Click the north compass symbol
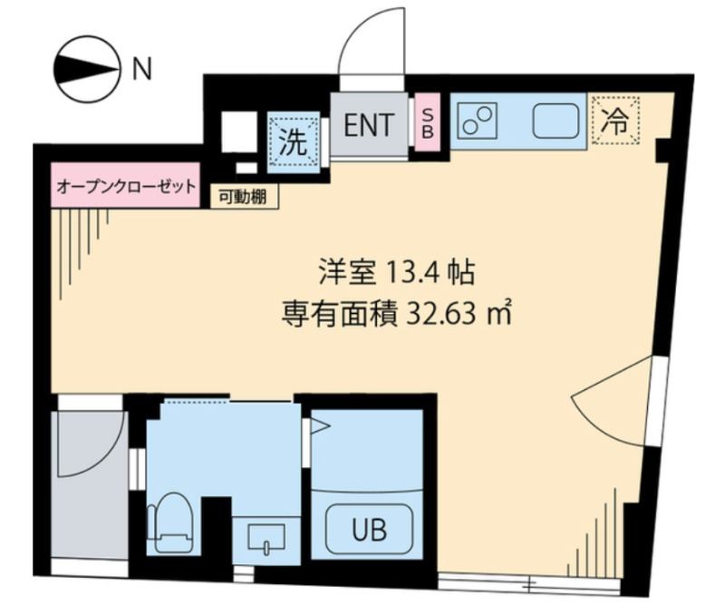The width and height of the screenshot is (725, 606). pos(87,70)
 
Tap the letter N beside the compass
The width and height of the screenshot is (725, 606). pos(142,70)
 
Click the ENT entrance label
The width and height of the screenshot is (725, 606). pos(369,125)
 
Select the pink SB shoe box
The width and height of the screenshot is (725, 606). pos(427,122)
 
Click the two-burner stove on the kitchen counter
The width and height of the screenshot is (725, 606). pos(478,122)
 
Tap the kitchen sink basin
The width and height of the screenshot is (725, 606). pos(556,121)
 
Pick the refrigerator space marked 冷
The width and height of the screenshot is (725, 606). pos(615,121)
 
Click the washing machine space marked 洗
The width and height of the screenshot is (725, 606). pos(294,142)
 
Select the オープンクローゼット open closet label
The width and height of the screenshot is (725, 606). pos(126,187)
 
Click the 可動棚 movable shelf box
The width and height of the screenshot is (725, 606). pos(244,197)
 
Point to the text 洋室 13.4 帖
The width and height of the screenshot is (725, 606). pos(397,272)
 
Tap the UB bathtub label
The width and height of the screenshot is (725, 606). pos(369,530)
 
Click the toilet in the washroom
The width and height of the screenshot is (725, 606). pos(170,523)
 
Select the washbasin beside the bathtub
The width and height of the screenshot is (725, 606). pos(266,537)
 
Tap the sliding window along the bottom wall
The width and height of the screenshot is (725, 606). pos(529,582)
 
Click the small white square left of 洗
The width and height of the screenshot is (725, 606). pos(239,132)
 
